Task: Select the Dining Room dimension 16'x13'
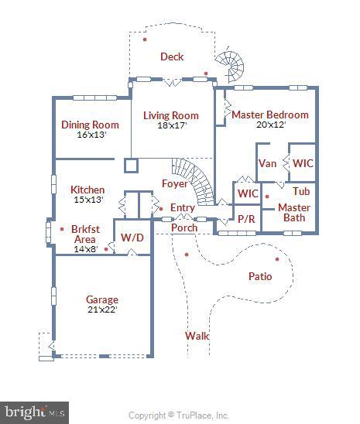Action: click(x=91, y=135)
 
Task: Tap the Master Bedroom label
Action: click(x=269, y=115)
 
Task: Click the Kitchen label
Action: click(x=87, y=190)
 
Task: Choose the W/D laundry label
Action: click(x=132, y=237)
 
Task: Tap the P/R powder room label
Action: click(x=246, y=219)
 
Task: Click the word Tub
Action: click(x=301, y=191)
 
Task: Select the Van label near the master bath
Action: click(x=267, y=163)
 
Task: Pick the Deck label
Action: click(x=171, y=56)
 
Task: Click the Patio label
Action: click(x=259, y=276)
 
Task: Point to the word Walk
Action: click(x=197, y=336)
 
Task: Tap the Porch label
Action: click(x=183, y=227)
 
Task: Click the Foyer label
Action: click(x=173, y=183)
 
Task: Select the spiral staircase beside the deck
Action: click(x=229, y=67)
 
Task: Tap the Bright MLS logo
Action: click(x=35, y=412)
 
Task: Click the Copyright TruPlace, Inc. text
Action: click(x=179, y=415)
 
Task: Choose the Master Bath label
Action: click(x=293, y=212)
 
